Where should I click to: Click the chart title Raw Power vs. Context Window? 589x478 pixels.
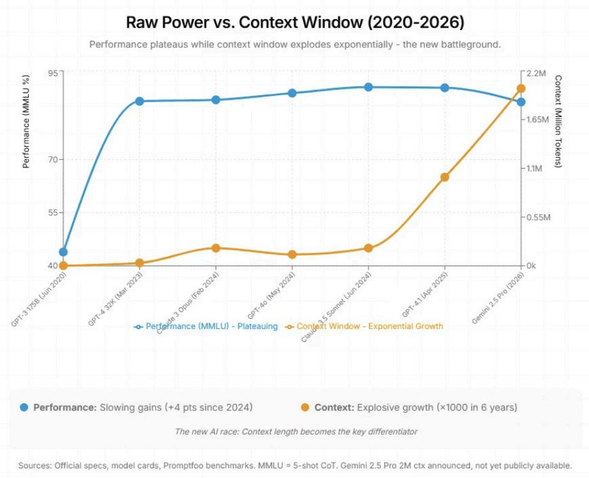[294, 23]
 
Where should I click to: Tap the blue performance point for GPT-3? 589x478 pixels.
[63, 252]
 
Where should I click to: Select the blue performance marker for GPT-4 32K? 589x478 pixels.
[139, 101]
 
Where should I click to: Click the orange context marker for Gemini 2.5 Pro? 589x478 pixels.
[521, 89]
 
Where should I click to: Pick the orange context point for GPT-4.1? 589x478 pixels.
[445, 177]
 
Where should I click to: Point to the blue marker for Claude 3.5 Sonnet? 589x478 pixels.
[368, 87]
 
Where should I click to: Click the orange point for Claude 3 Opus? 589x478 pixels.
[216, 248]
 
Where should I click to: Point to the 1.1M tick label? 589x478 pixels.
[533, 169]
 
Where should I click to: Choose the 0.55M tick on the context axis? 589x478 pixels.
[536, 217]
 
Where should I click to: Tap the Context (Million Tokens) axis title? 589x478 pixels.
[558, 121]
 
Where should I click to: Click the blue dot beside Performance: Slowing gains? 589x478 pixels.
[24, 407]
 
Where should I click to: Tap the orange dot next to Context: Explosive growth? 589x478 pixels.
[305, 407]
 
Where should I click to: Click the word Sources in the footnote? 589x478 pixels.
[34, 466]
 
